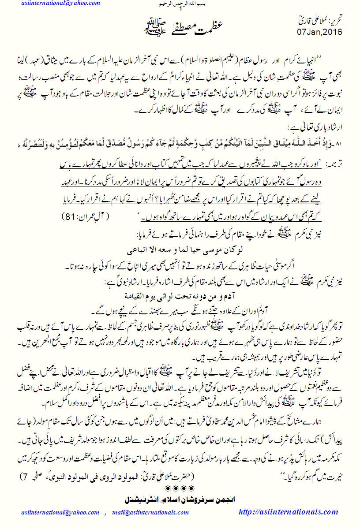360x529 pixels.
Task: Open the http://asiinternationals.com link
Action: point(288,512)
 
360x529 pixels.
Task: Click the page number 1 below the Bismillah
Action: point(180,9)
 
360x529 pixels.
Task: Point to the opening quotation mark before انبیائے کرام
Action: point(341,59)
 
